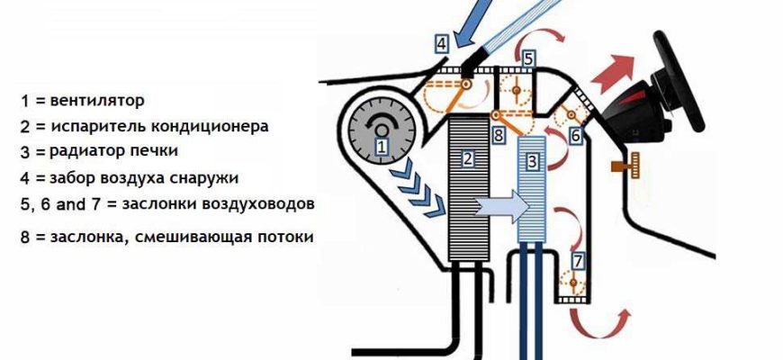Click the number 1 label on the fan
click(382, 146)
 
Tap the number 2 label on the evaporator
click(468, 160)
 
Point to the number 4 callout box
click(441, 43)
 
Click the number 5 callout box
click(529, 58)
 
